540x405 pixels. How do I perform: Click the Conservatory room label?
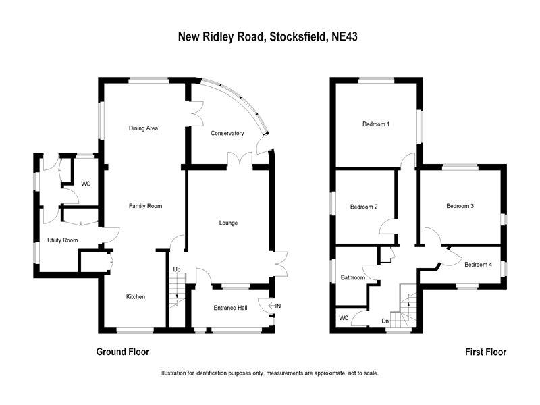[x=227, y=133]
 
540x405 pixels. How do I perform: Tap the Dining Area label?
[x=143, y=128]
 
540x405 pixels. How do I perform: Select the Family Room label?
[x=146, y=206]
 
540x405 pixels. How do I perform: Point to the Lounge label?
[x=228, y=223]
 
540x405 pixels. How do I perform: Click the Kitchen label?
[x=136, y=296]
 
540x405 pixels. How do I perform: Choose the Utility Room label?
[x=62, y=240]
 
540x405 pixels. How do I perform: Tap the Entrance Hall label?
[x=230, y=308]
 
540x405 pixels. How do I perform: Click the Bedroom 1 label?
[x=376, y=124]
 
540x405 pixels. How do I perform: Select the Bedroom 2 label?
[x=364, y=207]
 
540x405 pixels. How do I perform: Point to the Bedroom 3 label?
[x=460, y=206]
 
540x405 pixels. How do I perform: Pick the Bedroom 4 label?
[x=478, y=265]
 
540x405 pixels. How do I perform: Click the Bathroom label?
[x=353, y=277]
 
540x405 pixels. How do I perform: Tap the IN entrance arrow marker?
[x=273, y=306]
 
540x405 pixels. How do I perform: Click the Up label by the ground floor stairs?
[x=177, y=270]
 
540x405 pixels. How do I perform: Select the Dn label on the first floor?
[x=385, y=320]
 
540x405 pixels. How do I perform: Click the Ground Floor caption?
[x=122, y=352]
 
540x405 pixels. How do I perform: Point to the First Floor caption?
[x=485, y=352]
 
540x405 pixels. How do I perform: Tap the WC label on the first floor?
[x=344, y=317]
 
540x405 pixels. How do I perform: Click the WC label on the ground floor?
[x=86, y=184]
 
